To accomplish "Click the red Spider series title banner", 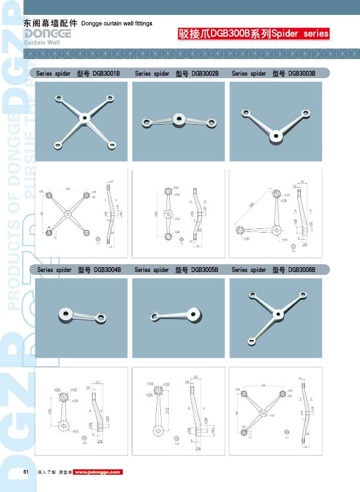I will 253,34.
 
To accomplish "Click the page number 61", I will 26,472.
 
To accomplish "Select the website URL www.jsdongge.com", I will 97,472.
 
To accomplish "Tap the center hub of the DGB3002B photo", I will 177,119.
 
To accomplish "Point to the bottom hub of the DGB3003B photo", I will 275,137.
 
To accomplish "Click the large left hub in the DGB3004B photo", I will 65,314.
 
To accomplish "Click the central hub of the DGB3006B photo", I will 276,313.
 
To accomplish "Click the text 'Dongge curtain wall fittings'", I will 116,23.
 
